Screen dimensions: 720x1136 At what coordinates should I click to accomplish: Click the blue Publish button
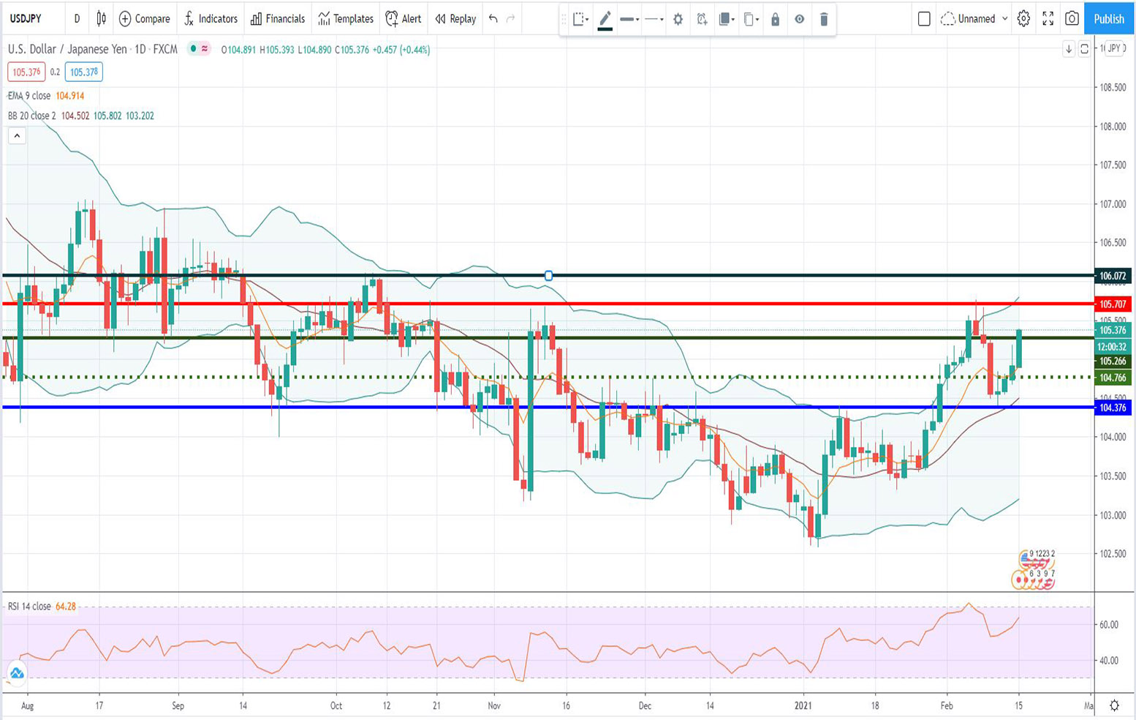tap(1108, 19)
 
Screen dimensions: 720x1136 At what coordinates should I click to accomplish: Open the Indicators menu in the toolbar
tap(211, 19)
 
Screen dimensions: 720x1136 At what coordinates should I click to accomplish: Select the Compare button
tap(144, 19)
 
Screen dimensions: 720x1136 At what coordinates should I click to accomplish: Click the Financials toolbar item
tap(278, 19)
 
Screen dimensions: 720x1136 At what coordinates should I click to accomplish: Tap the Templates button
tap(346, 19)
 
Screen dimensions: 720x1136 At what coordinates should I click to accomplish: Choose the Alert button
tap(404, 19)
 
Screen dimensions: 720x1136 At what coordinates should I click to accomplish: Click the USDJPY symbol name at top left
tap(26, 19)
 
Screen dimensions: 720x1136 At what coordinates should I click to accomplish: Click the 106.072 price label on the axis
tap(1113, 277)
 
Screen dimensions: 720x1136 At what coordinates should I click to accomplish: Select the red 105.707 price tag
tap(1113, 304)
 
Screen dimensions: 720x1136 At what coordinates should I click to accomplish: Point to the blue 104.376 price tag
tap(1113, 408)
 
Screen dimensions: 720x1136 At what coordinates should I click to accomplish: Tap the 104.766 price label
tap(1113, 378)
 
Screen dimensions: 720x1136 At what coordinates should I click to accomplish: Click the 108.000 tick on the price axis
tap(1113, 127)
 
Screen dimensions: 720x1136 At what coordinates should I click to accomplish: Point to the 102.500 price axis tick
tap(1113, 554)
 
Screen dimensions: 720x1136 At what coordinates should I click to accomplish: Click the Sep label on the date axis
tap(178, 706)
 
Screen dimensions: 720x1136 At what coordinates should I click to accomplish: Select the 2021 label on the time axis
tap(803, 706)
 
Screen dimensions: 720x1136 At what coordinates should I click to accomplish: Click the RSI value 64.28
tap(66, 607)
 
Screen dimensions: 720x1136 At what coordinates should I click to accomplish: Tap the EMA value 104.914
tap(70, 96)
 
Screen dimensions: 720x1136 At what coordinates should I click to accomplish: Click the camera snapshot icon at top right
tap(1072, 19)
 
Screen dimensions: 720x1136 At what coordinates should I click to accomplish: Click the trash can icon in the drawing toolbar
tap(824, 20)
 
